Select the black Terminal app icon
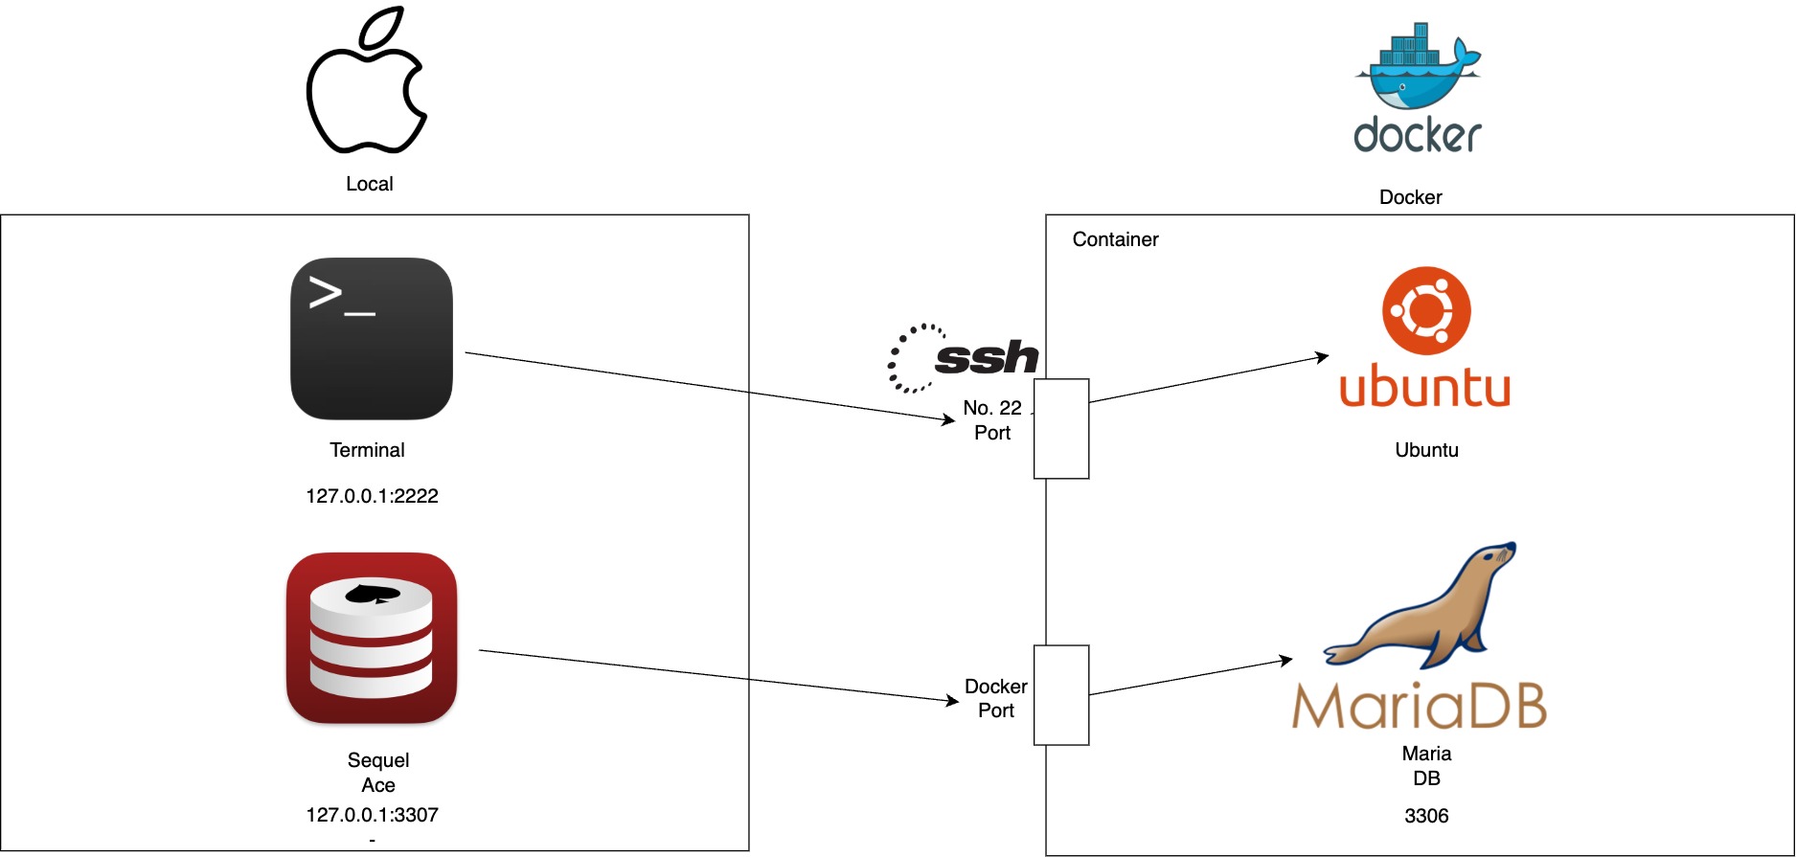pyautogui.click(x=372, y=338)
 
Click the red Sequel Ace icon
pyautogui.click(x=372, y=637)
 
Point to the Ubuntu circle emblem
pyautogui.click(x=1426, y=310)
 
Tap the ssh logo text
pyautogui.click(x=987, y=357)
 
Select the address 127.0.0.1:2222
pyautogui.click(x=372, y=496)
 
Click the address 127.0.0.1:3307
pyautogui.click(x=372, y=815)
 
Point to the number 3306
pyautogui.click(x=1426, y=816)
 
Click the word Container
pyautogui.click(x=1115, y=239)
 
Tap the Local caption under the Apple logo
pyautogui.click(x=370, y=184)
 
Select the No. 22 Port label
pyautogui.click(x=992, y=420)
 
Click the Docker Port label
pyautogui.click(x=996, y=698)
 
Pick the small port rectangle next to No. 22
pyautogui.click(x=1061, y=428)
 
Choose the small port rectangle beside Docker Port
pyautogui.click(x=1061, y=694)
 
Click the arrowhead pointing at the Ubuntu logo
pyautogui.click(x=1322, y=357)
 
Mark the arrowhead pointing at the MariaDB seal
pyautogui.click(x=1285, y=660)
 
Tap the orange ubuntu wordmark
pyautogui.click(x=1424, y=388)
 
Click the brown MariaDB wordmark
pyautogui.click(x=1419, y=706)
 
